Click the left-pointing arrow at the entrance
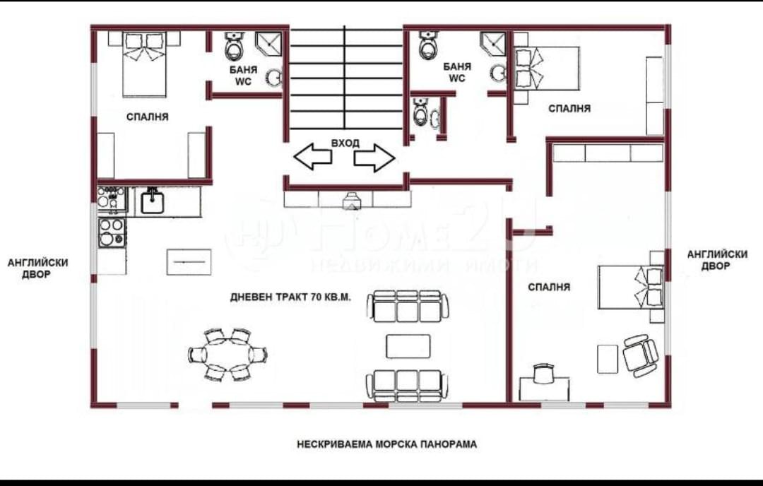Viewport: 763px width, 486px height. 312,157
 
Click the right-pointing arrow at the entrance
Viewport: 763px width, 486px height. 374,157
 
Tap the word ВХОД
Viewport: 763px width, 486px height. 345,143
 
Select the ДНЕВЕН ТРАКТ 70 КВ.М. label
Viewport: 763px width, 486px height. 290,297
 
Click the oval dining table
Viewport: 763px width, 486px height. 227,355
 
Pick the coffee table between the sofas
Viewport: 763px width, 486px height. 408,346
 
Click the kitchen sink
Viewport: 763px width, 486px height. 153,201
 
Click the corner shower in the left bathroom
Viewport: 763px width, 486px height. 269,43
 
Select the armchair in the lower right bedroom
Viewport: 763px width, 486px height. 640,355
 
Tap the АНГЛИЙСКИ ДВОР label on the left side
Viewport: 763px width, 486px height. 37,268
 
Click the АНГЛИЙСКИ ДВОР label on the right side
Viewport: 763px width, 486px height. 717,260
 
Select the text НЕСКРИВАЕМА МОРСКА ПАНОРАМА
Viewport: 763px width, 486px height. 387,444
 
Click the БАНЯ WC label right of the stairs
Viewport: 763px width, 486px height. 457,72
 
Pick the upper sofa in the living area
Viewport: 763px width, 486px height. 408,306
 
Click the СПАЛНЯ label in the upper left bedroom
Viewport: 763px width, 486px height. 148,117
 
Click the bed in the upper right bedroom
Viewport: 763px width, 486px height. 547,68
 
